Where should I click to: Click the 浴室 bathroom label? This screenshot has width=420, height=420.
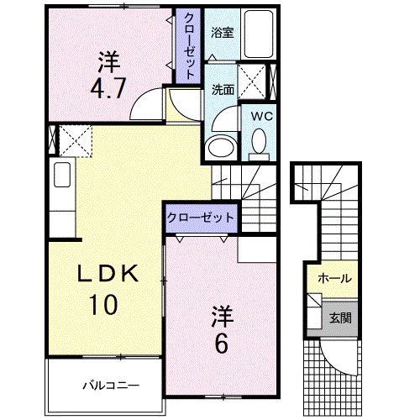(222, 34)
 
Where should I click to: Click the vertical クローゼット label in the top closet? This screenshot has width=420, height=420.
(188, 46)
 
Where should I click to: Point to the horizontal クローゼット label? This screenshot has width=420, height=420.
(200, 218)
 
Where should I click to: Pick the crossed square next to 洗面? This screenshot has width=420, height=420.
(252, 81)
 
